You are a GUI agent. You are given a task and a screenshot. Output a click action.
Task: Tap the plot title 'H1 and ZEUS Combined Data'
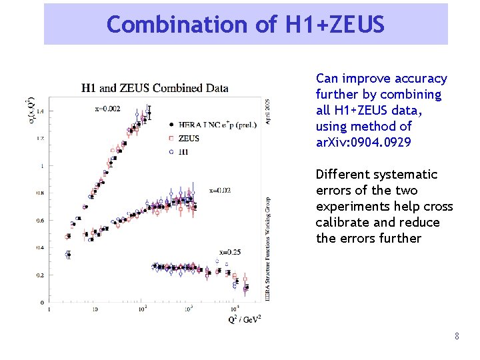point(155,87)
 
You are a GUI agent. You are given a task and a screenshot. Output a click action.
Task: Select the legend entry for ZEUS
point(189,138)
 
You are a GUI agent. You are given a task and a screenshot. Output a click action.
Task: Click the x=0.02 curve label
point(220,190)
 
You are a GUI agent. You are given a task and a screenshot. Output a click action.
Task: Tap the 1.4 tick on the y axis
point(40,111)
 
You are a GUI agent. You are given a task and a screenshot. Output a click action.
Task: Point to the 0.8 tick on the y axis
point(40,193)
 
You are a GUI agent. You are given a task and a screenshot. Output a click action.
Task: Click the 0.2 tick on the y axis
point(40,275)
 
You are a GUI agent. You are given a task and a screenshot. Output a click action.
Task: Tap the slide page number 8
point(457,337)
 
